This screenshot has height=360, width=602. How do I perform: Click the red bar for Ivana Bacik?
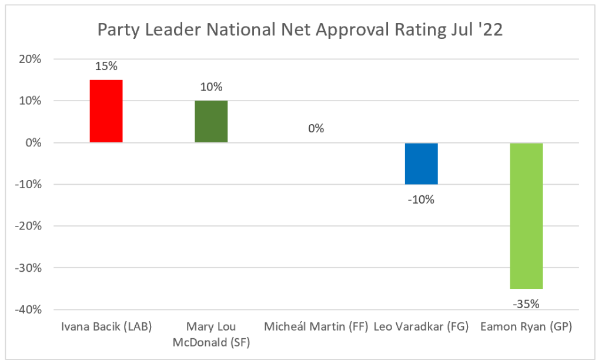pyautogui.click(x=106, y=111)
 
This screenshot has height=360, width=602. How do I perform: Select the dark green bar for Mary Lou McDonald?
pyautogui.click(x=211, y=122)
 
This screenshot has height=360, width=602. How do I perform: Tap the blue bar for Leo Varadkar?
pyautogui.click(x=421, y=164)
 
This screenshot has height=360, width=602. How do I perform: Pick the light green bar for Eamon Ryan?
pyautogui.click(x=526, y=215)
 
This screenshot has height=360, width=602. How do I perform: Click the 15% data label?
pyautogui.click(x=106, y=66)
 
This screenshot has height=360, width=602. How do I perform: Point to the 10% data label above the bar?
pyautogui.click(x=211, y=87)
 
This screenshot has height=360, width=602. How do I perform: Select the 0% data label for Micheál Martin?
pyautogui.click(x=316, y=128)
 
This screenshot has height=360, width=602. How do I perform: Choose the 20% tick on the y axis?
pyautogui.click(x=29, y=59)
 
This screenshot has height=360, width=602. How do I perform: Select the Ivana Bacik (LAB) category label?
pyautogui.click(x=106, y=328)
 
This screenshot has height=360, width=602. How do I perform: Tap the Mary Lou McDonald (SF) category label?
pyautogui.click(x=211, y=335)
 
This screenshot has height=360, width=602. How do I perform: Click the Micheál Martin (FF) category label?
pyautogui.click(x=316, y=328)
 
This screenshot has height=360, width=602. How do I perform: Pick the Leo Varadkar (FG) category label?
pyautogui.click(x=421, y=328)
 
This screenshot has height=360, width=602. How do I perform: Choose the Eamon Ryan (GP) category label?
pyautogui.click(x=526, y=328)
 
